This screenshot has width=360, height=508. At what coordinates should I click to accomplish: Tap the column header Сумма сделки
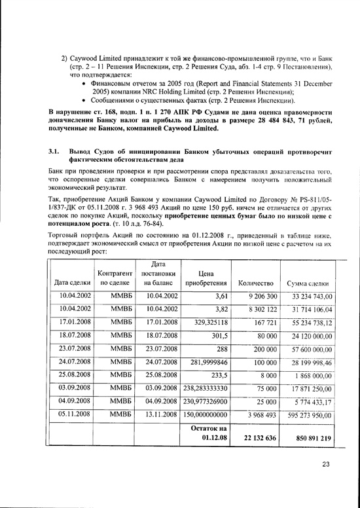(x=309, y=283)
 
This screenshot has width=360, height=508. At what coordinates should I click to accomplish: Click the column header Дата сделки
(x=73, y=283)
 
